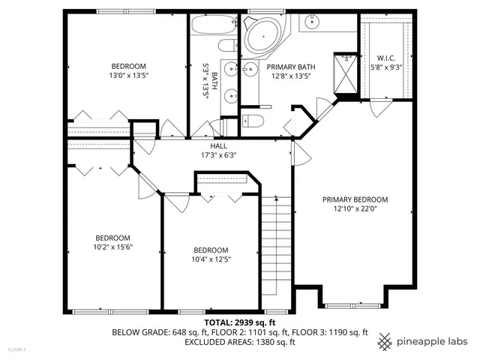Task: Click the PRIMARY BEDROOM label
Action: pos(355,199)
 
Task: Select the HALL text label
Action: pos(218,145)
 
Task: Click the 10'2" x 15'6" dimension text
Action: pos(112,247)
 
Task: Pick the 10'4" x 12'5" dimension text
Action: pos(211,259)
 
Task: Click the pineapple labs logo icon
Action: pos(385,341)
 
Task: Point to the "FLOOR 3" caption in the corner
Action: pos(16,349)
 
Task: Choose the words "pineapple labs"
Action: pos(433,341)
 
